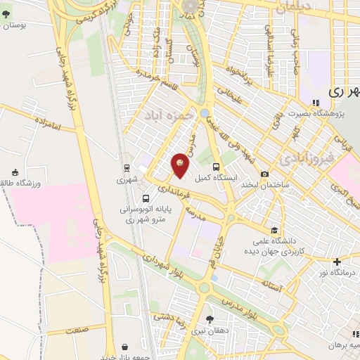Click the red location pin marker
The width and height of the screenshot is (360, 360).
(x=181, y=165)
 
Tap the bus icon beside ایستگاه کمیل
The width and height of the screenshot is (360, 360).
(x=216, y=167)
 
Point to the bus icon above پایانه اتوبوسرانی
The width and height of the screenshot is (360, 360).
(x=146, y=198)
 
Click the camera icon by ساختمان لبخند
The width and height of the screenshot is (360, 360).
(x=264, y=174)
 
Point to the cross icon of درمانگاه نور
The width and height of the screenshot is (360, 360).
(x=337, y=262)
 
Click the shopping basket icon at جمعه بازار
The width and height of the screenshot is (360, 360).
(x=125, y=347)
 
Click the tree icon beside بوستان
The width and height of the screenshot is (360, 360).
(x=6, y=13)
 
